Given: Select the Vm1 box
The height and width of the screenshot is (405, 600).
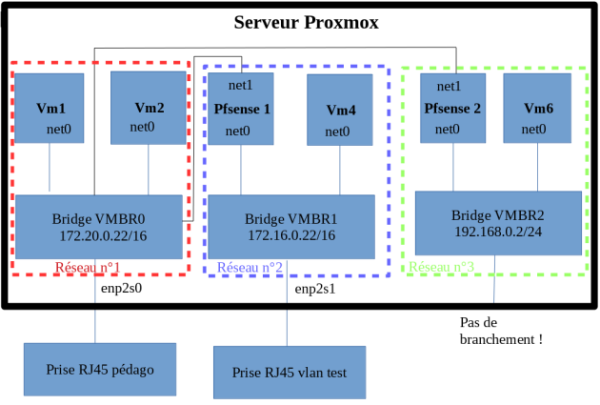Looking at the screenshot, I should click(x=50, y=108).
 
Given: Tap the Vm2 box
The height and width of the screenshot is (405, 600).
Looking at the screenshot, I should click(x=149, y=108).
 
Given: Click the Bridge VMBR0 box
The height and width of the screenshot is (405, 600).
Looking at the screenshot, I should click(x=99, y=227).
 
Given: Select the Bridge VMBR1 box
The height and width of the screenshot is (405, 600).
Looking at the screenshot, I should click(x=290, y=227).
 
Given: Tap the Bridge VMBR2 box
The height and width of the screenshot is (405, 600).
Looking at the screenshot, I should click(x=498, y=222).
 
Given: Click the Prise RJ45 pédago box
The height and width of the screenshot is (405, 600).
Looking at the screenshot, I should click(x=100, y=370).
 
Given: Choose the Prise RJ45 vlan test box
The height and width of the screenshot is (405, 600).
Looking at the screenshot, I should click(x=290, y=372).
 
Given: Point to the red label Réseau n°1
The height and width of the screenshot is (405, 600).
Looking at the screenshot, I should click(x=88, y=268).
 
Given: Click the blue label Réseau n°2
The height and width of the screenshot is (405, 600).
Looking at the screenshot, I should click(x=250, y=269).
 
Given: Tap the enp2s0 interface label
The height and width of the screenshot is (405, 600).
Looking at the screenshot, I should click(x=124, y=285).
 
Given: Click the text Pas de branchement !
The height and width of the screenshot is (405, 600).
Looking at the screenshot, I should click(x=501, y=331).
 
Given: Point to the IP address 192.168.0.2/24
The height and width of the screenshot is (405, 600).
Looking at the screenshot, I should click(x=498, y=232).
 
